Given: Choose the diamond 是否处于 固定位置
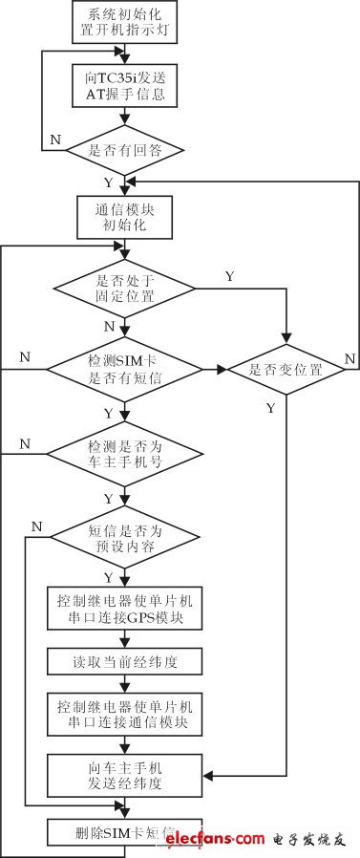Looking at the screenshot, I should (125, 288).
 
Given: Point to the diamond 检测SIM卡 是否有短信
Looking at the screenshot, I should (125, 368).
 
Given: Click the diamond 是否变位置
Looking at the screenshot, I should (284, 369).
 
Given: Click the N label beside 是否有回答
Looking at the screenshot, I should (54, 139).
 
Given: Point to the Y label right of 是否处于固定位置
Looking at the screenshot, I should (228, 276).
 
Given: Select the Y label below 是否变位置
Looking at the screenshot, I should (270, 408).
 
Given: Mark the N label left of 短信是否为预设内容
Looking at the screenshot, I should (36, 526).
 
